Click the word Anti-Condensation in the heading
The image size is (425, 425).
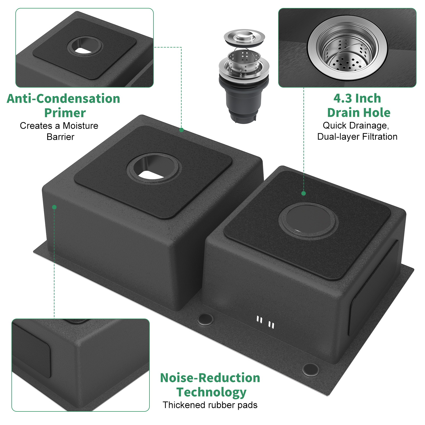(63, 98)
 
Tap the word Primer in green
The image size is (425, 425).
(65, 113)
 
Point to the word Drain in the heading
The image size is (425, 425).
(343, 113)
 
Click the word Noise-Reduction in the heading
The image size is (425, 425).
(210, 378)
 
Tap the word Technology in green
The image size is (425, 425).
(212, 392)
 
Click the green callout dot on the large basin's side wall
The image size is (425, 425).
(54, 207)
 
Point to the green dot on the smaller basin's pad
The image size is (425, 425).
(304, 194)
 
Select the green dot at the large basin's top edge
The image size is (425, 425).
(181, 130)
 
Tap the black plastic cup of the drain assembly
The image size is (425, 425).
(244, 100)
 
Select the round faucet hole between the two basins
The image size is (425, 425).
(205, 319)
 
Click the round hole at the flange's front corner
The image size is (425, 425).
(310, 370)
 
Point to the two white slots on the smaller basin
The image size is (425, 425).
(265, 322)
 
